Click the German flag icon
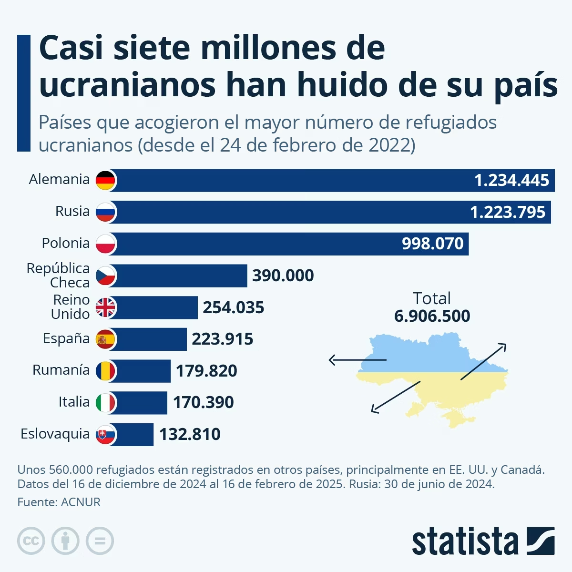[105, 180]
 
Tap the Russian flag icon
[105, 212]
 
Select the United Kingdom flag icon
[105, 307]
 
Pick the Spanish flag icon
[105, 339]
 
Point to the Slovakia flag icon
[105, 435]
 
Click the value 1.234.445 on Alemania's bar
[511, 180]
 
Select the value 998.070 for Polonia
[432, 244]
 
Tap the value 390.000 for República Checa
[283, 276]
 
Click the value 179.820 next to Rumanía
[206, 371]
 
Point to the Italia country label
[74, 402]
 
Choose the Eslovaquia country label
[55, 434]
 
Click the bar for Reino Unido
[157, 307]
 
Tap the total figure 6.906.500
[432, 316]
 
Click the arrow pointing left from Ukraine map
[357, 360]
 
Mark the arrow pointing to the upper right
[483, 361]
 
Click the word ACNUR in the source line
[81, 502]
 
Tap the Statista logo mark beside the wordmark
[541, 541]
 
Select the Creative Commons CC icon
[31, 541]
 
